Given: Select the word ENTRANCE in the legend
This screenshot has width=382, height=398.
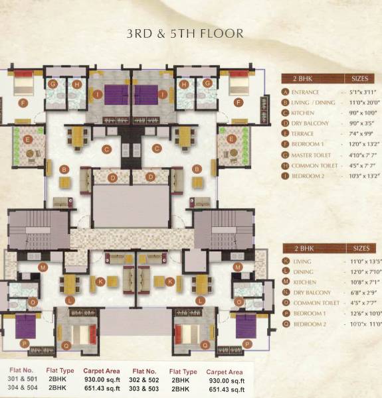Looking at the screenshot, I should coord(306,92).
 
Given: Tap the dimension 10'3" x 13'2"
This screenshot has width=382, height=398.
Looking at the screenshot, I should coord(361,176).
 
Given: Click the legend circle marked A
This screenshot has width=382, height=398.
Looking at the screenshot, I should coord(286,92).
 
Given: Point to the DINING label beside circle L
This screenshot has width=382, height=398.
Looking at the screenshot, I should coord(302,273).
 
